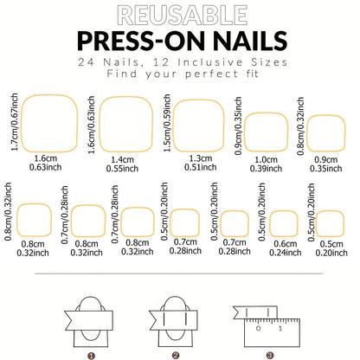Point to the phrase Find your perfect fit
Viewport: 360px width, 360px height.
(x=179, y=74)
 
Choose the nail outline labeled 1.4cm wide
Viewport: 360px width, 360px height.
(x=128, y=123)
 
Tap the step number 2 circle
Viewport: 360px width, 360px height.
(x=176, y=354)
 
